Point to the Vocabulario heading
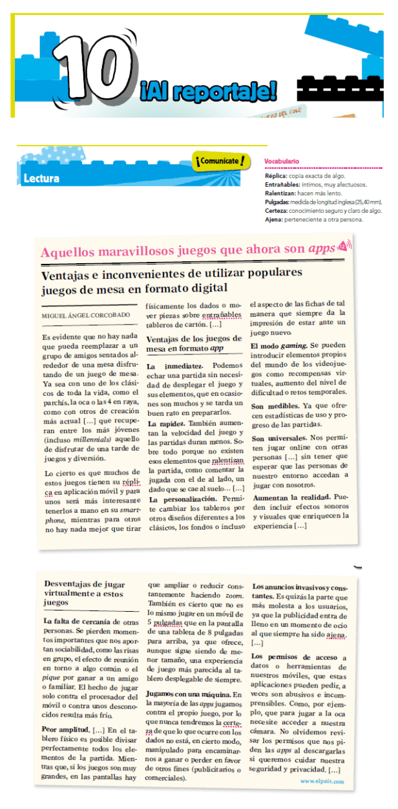(282, 161)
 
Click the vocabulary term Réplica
(276, 176)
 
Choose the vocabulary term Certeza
(277, 210)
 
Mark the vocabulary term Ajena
(274, 219)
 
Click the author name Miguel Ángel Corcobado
(85, 315)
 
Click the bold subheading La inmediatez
(171, 365)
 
